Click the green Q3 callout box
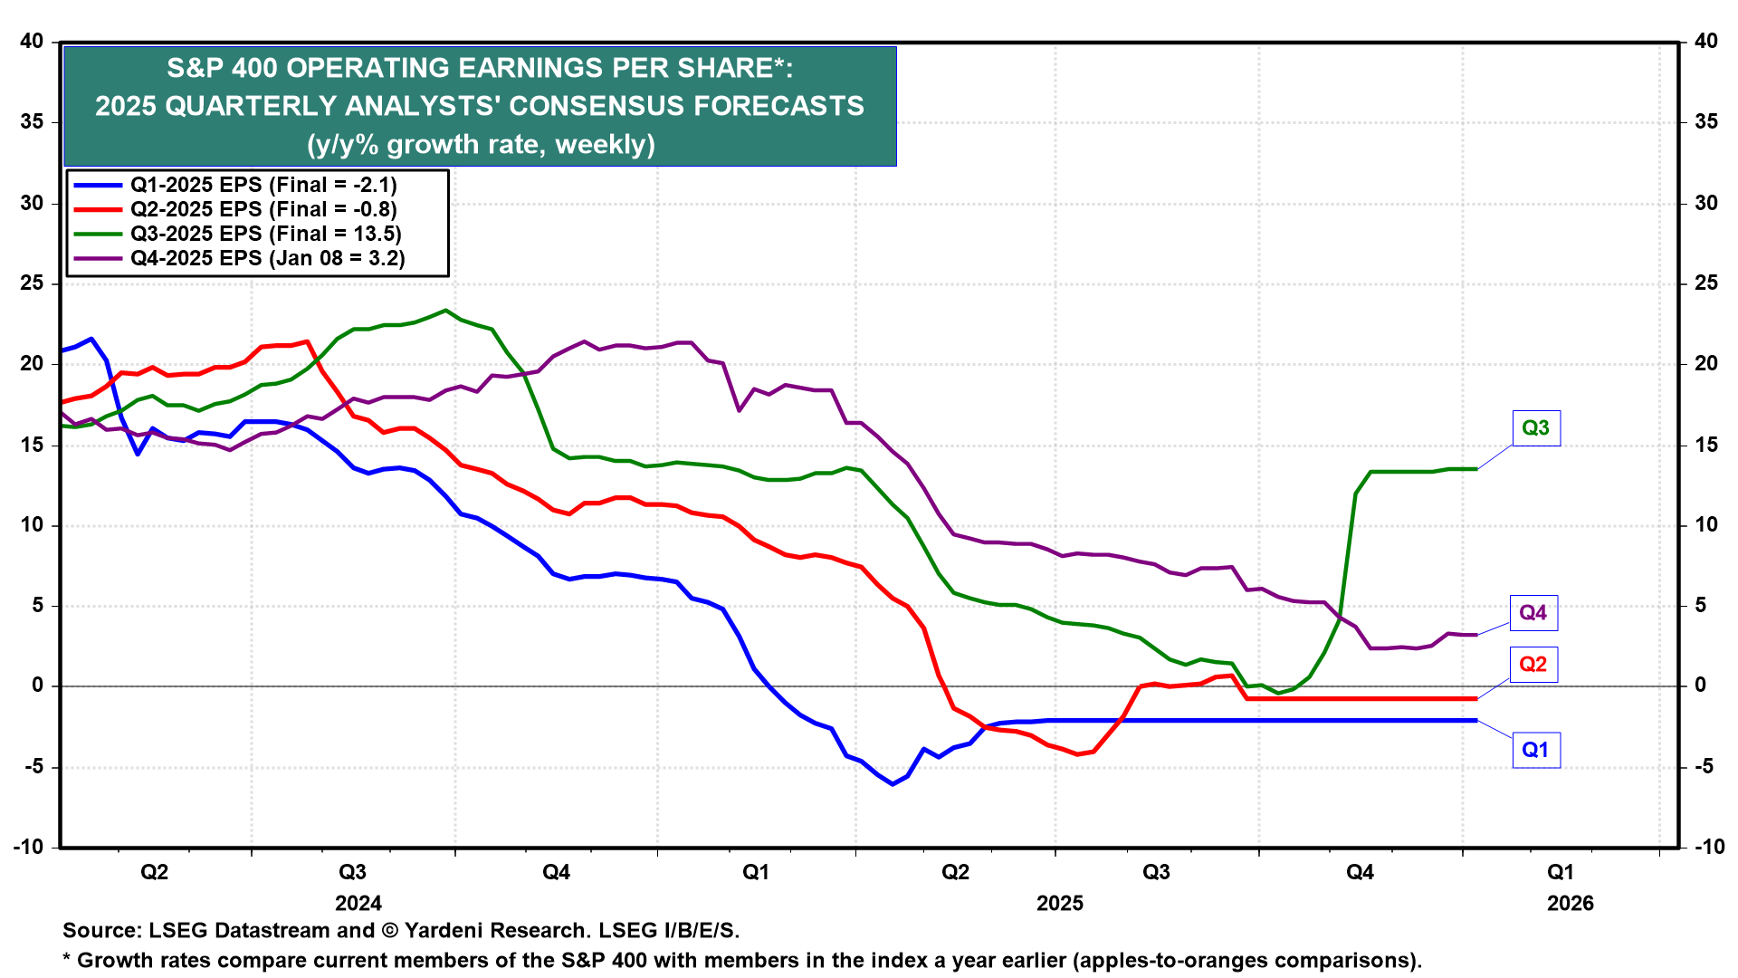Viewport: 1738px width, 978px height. pos(1535,428)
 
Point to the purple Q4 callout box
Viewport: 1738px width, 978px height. pos(1533,613)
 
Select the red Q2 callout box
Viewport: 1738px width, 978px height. pos(1533,665)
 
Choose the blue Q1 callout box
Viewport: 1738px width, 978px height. pos(1535,750)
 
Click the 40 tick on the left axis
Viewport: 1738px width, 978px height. pos(32,41)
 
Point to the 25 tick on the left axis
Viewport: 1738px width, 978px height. pos(32,283)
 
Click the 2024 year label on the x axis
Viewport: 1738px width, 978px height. pos(358,903)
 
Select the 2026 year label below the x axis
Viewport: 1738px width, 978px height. pos(1571,903)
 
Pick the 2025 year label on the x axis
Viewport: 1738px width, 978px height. pos(1060,903)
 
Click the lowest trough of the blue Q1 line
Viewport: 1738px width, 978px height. pos(893,784)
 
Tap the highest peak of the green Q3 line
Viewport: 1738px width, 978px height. pos(444,311)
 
